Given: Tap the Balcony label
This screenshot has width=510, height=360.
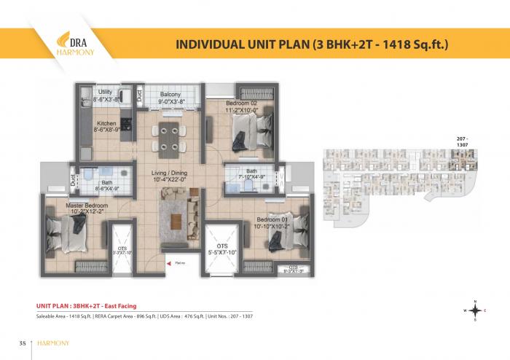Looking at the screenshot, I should [x=171, y=96].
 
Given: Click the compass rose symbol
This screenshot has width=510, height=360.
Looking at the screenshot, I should [x=475, y=309].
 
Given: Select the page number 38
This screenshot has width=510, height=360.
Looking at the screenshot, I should [x=23, y=343].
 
